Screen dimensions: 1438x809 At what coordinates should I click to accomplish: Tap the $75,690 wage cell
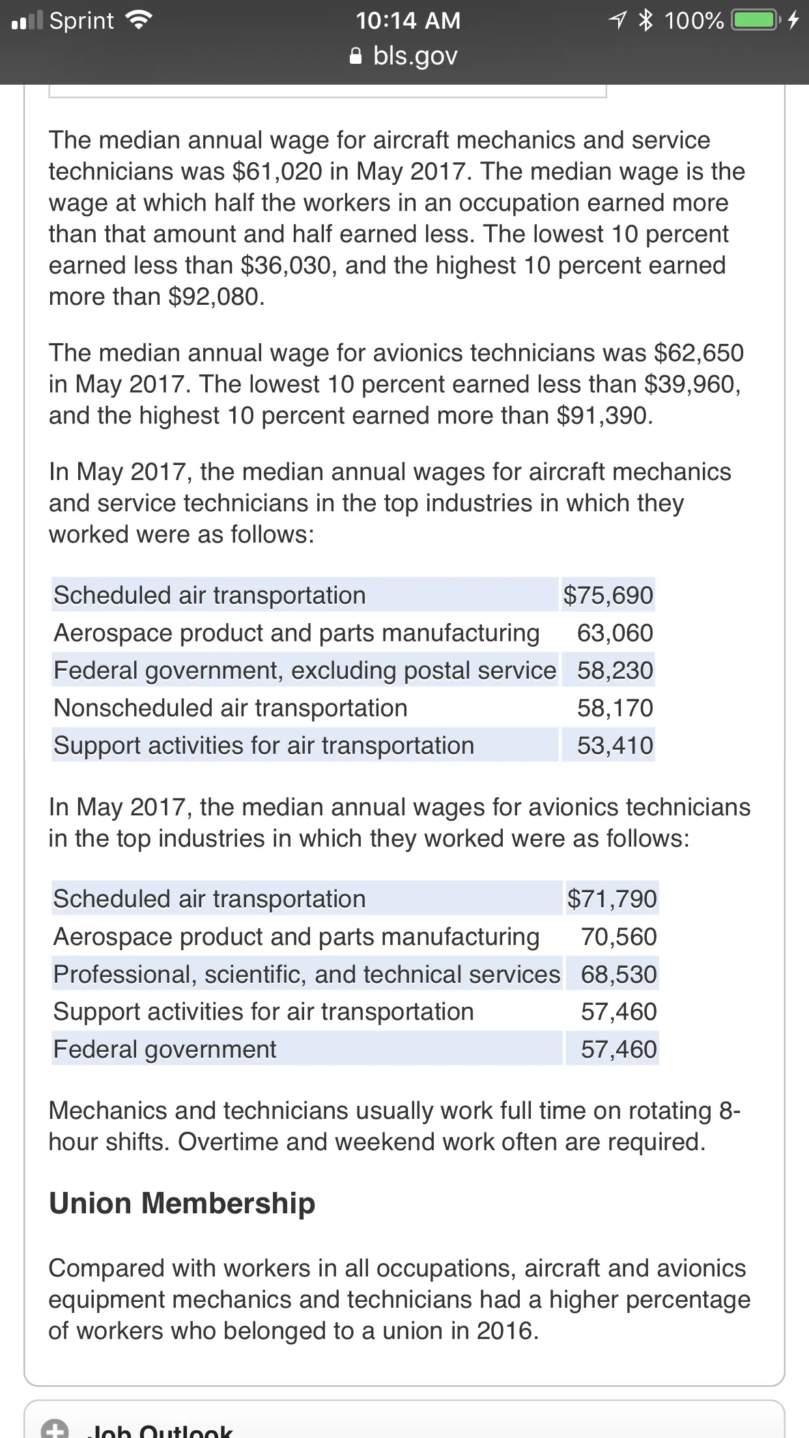(x=608, y=595)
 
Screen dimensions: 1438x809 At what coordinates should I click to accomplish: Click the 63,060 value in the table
(x=615, y=633)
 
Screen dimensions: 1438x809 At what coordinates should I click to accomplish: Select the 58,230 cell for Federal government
(x=615, y=671)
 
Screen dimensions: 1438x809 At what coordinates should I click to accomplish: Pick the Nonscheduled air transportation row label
(x=231, y=708)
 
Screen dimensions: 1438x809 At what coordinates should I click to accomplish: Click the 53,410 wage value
(x=615, y=746)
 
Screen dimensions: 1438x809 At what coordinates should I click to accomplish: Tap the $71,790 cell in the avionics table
(x=612, y=899)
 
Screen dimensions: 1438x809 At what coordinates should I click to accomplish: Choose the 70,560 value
(x=619, y=937)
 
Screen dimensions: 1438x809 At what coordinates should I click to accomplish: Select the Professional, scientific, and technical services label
(x=307, y=974)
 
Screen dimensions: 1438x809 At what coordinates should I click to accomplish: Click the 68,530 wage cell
(x=619, y=974)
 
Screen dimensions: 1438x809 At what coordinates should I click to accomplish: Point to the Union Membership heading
(x=182, y=1203)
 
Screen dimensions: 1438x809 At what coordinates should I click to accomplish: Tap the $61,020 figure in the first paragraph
(x=277, y=172)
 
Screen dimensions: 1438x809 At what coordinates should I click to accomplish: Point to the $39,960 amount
(x=690, y=384)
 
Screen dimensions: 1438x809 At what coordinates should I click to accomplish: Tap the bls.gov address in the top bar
(x=415, y=56)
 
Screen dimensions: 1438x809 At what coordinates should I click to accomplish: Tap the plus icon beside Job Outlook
(x=55, y=1429)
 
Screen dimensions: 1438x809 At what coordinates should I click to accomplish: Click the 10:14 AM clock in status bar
(x=408, y=21)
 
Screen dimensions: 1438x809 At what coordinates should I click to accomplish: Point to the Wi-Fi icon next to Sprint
(x=138, y=21)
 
